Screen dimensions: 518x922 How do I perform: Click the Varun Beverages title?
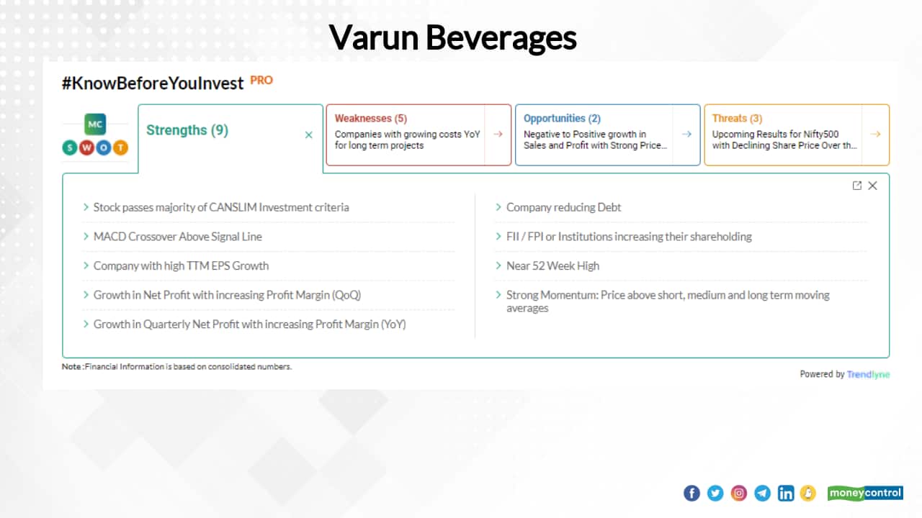coord(452,38)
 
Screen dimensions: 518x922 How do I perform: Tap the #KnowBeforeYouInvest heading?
coord(153,83)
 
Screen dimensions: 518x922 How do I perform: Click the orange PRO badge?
coord(261,81)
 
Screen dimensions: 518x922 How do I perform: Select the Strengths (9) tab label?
coord(187,130)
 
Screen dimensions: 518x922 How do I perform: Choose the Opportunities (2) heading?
coord(562,118)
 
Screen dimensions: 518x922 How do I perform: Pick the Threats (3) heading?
coord(737,118)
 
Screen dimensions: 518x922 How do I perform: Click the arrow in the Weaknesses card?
coord(498,134)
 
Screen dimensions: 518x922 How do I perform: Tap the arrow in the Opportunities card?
coord(686,134)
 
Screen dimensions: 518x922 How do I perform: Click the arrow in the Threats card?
coord(875,134)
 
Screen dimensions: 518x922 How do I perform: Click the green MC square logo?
coord(95,124)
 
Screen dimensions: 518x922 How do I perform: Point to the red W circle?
coord(86,148)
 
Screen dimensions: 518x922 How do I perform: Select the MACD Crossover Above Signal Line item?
coord(177,237)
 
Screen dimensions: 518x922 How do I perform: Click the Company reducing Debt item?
coord(563,207)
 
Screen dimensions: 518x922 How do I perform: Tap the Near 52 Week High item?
coord(552,266)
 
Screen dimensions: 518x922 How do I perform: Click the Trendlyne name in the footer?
coord(868,374)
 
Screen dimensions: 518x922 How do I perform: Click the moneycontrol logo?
coord(864,494)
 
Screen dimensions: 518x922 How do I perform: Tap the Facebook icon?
coord(691,494)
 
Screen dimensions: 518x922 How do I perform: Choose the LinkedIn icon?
coord(786,494)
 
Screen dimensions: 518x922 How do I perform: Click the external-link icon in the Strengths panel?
coord(856,186)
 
